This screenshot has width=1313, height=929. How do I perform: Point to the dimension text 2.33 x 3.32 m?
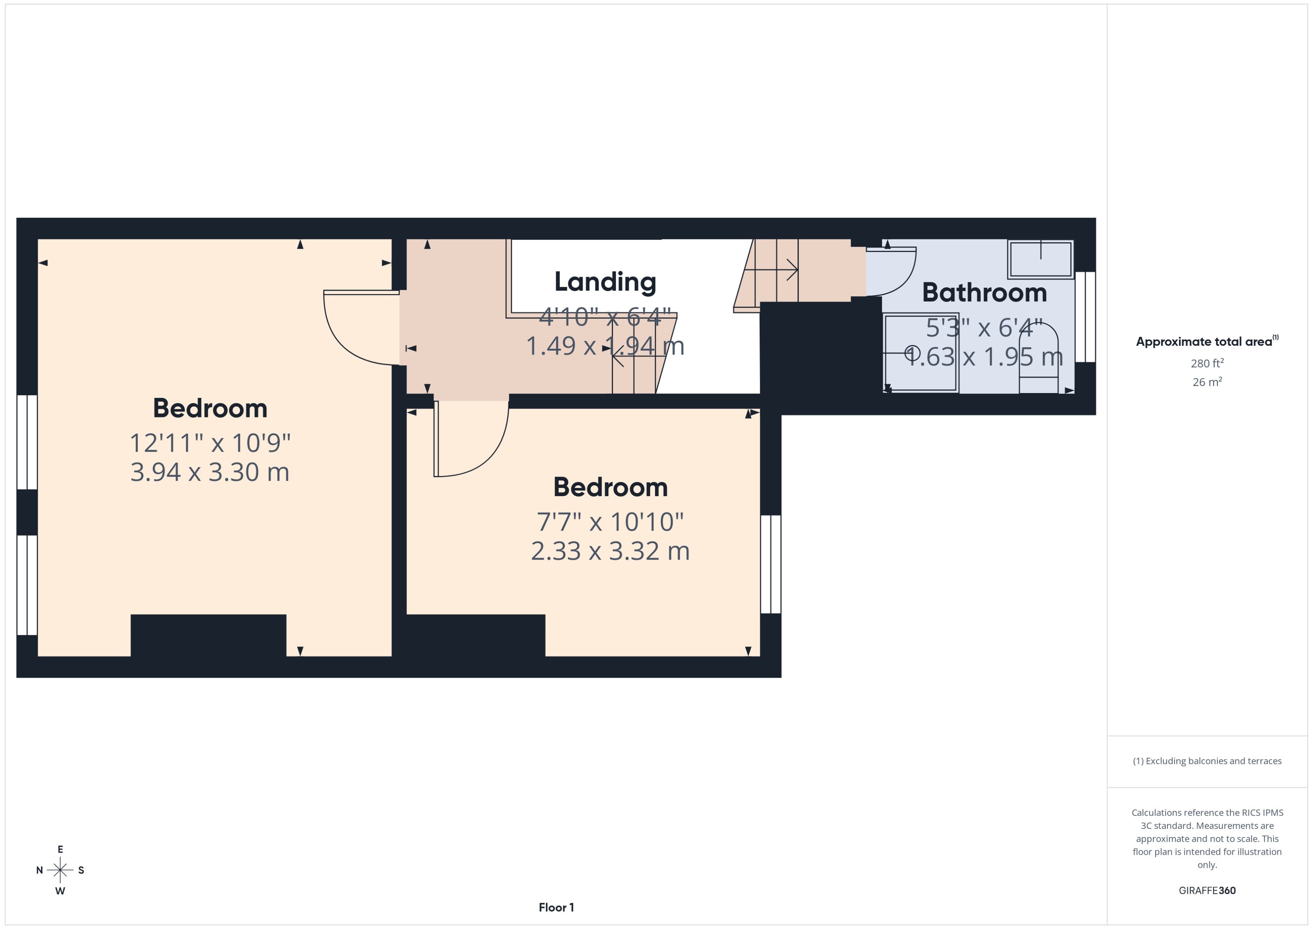point(610,551)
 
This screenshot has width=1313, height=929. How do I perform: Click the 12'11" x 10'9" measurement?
point(210,443)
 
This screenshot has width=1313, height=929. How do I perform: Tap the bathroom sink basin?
point(1040,260)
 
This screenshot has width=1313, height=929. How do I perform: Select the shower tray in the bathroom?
point(921,353)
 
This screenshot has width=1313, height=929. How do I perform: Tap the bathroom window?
point(1085,317)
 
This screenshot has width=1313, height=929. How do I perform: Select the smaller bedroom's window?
point(771,564)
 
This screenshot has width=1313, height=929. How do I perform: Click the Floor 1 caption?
point(556,907)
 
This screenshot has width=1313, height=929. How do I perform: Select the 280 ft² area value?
point(1207,363)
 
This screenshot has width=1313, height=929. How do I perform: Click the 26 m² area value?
point(1207,381)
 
